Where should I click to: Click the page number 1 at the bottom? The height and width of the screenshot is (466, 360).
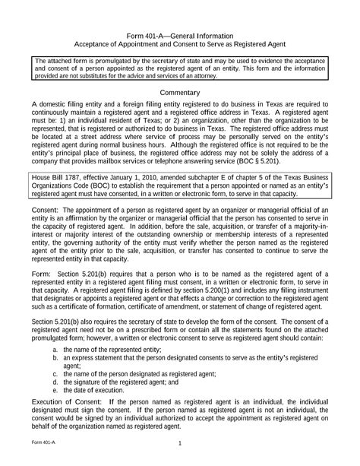[180, 443]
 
